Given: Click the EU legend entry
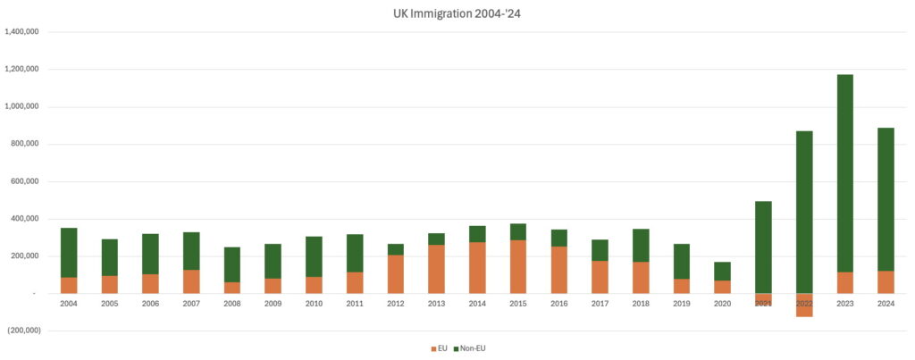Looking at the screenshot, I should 439,347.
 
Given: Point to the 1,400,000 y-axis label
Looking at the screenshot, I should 27,32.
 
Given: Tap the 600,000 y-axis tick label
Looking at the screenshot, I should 32,181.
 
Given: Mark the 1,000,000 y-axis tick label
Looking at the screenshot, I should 27,107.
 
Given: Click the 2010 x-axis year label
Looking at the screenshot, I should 314,305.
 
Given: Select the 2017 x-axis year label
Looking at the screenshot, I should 600,305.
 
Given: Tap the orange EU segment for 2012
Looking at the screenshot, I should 396,274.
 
